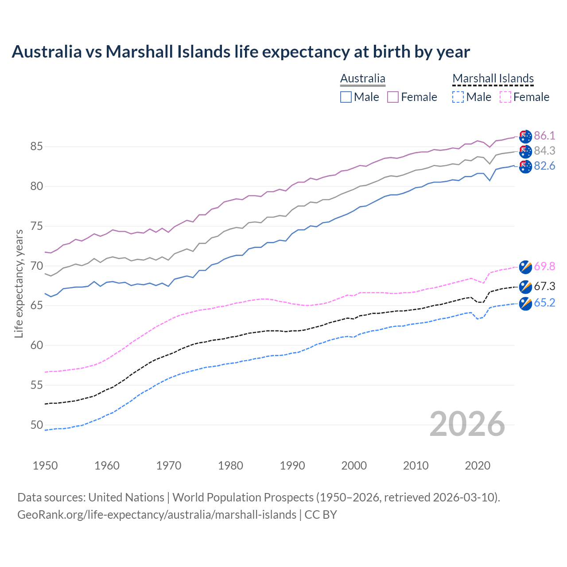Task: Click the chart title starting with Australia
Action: pos(241,52)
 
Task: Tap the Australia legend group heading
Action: pos(362,78)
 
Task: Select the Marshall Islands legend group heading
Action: pos(493,78)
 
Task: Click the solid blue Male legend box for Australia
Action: pos(346,97)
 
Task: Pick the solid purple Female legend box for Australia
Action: pos(393,97)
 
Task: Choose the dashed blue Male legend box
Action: pos(458,97)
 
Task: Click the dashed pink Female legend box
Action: pos(505,97)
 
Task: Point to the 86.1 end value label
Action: pos(544,136)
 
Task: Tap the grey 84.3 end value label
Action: pos(544,151)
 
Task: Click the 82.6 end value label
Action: pos(544,166)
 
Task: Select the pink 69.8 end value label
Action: pos(544,266)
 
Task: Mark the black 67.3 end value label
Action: pos(544,286)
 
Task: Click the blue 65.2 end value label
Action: pos(544,303)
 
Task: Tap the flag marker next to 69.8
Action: pos(525,267)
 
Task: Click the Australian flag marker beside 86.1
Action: pos(525,136)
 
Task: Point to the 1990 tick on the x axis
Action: pos(292,466)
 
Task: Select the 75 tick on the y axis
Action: pos(37,226)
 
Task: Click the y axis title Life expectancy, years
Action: pos(19,283)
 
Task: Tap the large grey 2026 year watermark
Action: pos(467,424)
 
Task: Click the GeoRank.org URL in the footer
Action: pos(157,515)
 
